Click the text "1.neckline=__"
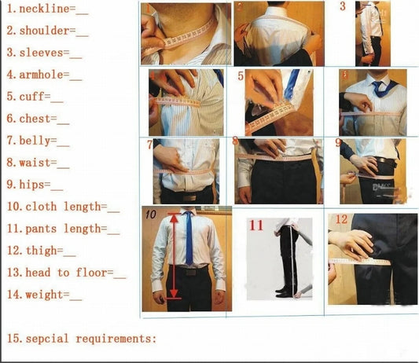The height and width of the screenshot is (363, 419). [x=47, y=9]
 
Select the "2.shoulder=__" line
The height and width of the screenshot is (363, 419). [x=47, y=31]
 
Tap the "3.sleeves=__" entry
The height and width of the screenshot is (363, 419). [x=44, y=53]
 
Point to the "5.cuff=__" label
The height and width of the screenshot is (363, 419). [x=37, y=97]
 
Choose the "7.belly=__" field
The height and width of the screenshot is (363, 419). [x=39, y=141]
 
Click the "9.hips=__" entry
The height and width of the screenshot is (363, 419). [x=35, y=185]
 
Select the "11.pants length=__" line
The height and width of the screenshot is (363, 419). [x=64, y=229]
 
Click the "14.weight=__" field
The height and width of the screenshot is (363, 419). [x=44, y=295]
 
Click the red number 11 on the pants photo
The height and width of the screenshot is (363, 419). [x=256, y=225]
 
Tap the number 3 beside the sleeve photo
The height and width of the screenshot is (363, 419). [x=343, y=7]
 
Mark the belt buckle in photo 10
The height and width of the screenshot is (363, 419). [x=188, y=268]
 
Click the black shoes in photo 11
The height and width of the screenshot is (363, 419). [x=285, y=291]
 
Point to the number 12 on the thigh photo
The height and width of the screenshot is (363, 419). [x=340, y=219]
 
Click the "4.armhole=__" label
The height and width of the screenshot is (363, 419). [x=44, y=75]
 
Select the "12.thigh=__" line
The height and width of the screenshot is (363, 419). [x=42, y=251]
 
